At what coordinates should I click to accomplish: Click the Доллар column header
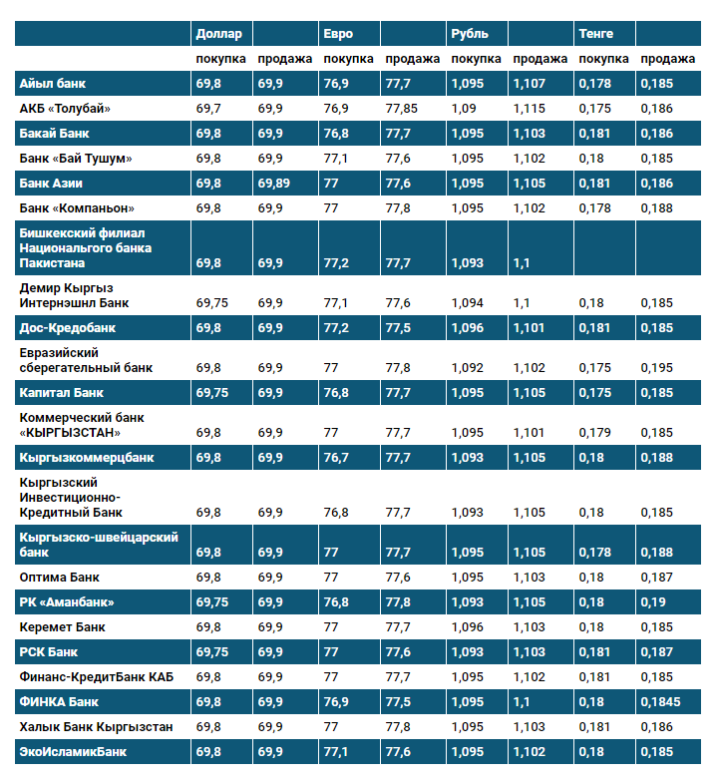tap(218, 34)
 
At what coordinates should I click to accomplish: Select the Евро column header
tap(337, 34)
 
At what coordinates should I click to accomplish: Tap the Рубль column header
tap(470, 34)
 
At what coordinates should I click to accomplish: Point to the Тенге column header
tap(595, 34)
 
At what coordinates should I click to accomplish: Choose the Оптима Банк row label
tap(60, 578)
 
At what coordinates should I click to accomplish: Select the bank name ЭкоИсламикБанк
tap(73, 751)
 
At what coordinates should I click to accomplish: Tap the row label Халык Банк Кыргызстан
tap(96, 726)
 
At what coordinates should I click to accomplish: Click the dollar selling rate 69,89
tap(276, 184)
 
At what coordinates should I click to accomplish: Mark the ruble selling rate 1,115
tap(530, 108)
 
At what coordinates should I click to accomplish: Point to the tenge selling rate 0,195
tap(657, 368)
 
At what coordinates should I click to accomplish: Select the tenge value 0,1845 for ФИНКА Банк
tap(660, 702)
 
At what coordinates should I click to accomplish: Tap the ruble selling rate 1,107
tap(530, 84)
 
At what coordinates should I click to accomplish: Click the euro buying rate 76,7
tap(336, 458)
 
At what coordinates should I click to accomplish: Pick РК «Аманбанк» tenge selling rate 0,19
tap(653, 602)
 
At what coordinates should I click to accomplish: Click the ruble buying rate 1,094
tap(467, 303)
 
